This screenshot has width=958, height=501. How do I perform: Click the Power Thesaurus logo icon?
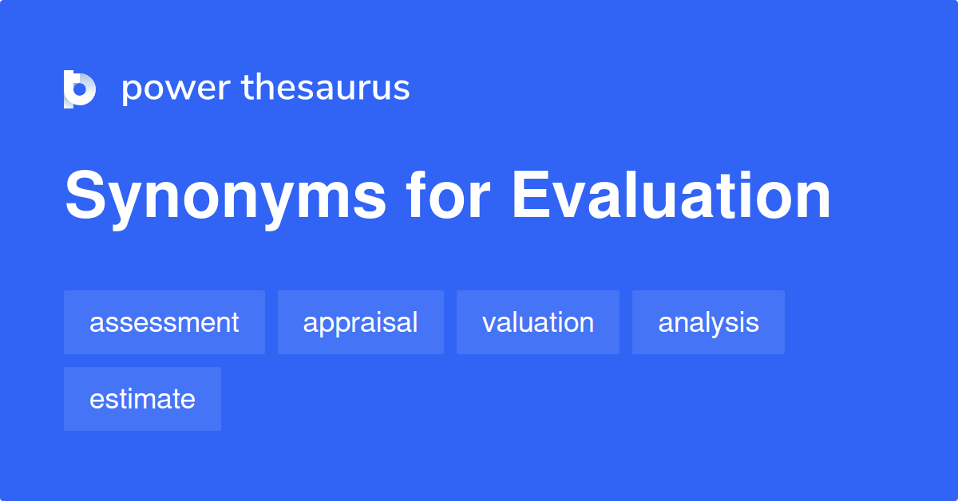click(x=79, y=89)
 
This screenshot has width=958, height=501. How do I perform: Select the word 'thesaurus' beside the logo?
click(x=325, y=88)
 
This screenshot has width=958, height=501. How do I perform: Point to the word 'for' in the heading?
click(x=446, y=196)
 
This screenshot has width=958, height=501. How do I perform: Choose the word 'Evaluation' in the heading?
click(x=671, y=196)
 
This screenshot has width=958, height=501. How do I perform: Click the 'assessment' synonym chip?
click(x=164, y=322)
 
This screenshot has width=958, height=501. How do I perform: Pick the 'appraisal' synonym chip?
click(x=360, y=322)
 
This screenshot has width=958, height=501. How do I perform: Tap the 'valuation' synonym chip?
click(x=537, y=322)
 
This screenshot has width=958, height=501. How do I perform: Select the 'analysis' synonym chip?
click(x=708, y=322)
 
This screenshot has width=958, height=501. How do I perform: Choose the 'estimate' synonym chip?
click(x=142, y=399)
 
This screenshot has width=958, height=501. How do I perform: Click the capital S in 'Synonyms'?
click(x=85, y=196)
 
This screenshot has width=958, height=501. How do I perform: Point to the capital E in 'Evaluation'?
click(x=529, y=196)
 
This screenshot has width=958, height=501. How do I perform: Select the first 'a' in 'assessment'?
click(x=96, y=324)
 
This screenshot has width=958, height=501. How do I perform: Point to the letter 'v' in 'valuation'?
click(x=489, y=324)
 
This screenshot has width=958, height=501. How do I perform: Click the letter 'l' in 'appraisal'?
click(x=415, y=322)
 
